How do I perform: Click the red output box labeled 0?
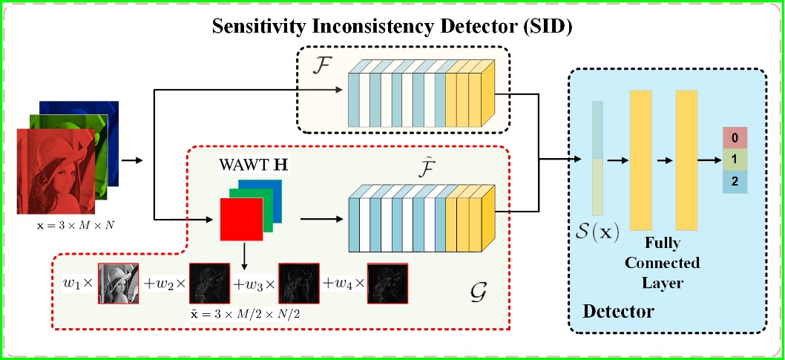[735, 138]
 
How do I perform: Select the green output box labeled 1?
[735, 160]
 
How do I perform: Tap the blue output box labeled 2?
[735, 181]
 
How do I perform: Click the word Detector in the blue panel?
[618, 311]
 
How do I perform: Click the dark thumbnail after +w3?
[298, 284]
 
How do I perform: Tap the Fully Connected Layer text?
[663, 263]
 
